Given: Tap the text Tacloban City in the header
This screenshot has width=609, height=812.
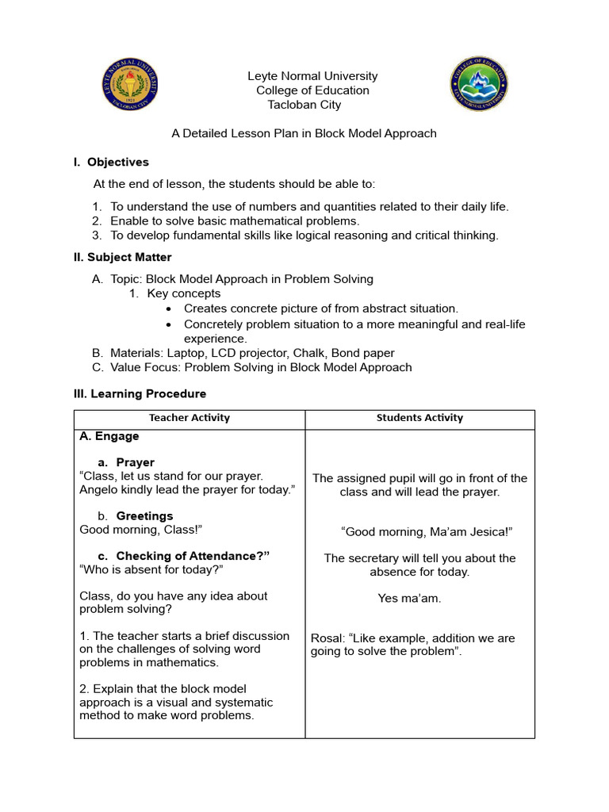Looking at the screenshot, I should coord(304,105).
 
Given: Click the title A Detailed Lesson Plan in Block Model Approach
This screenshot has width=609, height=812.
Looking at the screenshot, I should coord(304,133).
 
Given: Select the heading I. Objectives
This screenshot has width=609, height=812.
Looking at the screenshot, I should coord(111,162).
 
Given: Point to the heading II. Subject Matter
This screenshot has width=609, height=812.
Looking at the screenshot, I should coord(122,257).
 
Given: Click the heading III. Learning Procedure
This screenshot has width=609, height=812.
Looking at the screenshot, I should coord(140,393).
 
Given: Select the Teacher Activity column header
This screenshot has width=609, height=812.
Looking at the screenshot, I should coord(190,418).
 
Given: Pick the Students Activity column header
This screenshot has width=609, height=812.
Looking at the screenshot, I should coord(419,418).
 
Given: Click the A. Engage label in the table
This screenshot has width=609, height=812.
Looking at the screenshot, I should coord(109,436).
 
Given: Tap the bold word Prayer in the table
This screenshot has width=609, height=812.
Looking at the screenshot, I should coord(135,462).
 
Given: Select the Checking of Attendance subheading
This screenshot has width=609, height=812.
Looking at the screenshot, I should coord(193,556).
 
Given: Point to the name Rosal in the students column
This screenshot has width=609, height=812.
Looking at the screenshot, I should coord(325,638).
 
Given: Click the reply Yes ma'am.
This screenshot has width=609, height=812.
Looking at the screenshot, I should coord(409,599).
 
